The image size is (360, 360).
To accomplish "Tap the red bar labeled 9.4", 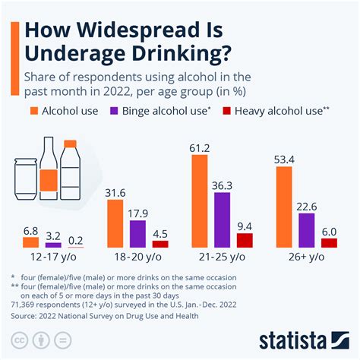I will [x=245, y=241].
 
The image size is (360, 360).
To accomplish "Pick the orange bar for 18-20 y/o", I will [x=118, y=225].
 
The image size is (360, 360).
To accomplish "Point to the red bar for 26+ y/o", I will [x=328, y=243].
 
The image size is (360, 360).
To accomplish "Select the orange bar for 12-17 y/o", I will [x=31, y=242].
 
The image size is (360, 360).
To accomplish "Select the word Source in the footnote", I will [x=24, y=311].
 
